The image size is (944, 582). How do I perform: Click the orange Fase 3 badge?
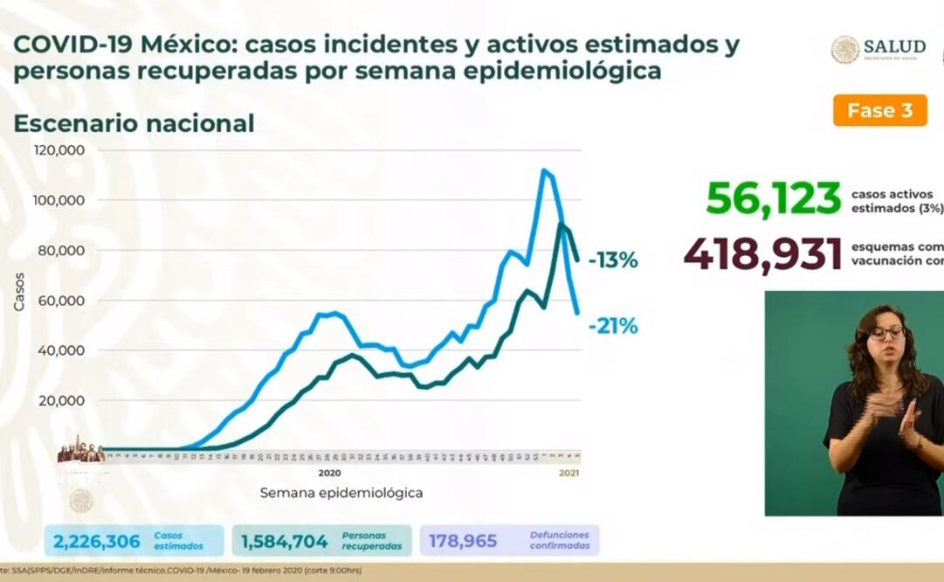click(x=879, y=111)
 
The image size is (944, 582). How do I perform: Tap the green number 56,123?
click(x=773, y=199)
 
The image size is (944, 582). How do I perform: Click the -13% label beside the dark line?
click(x=612, y=260)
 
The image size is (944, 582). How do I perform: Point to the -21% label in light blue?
click(x=612, y=327)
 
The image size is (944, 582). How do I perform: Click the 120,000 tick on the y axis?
click(x=59, y=150)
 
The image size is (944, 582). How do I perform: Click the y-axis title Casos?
click(x=20, y=292)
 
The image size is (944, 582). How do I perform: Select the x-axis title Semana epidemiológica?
click(x=341, y=493)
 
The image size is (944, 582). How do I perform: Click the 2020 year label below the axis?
click(x=328, y=473)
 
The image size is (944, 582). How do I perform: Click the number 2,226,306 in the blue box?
click(x=97, y=542)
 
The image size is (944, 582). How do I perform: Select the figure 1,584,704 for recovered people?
click(x=284, y=542)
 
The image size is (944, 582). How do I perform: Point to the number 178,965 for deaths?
click(x=462, y=542)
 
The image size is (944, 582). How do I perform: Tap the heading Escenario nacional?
click(x=134, y=124)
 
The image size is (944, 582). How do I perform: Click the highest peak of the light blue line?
click(x=544, y=170)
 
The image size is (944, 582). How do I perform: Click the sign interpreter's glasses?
click(x=886, y=333)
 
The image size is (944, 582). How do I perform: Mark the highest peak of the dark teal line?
click(x=560, y=225)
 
